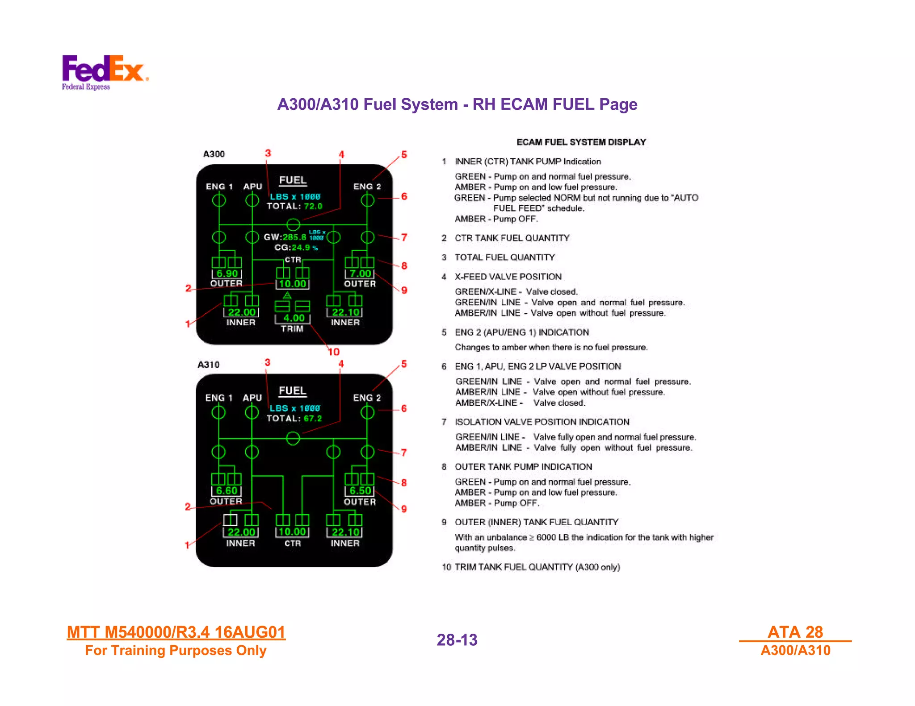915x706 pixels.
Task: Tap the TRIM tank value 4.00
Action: pos(294,318)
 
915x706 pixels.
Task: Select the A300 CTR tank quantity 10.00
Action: pos(293,284)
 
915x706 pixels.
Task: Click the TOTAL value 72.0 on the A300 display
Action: pos(313,206)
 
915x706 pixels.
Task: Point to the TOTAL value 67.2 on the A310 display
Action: pos(313,418)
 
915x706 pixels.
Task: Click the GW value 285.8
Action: pos(294,237)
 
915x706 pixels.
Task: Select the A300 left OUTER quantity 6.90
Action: pos(227,274)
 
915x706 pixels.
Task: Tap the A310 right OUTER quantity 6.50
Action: pos(360,490)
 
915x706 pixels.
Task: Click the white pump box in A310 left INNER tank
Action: pos(230,520)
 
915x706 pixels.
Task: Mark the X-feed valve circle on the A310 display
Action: pos(293,438)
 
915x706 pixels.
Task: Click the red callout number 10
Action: pos(333,352)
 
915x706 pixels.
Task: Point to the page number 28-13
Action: pos(457,640)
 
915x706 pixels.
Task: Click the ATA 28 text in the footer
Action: pos(795,632)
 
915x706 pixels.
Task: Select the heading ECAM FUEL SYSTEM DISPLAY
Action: pos(581,142)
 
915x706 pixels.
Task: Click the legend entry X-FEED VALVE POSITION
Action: pos(508,277)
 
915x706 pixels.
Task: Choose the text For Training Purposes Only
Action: pos(176,650)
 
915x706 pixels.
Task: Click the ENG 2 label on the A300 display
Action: pos(367,187)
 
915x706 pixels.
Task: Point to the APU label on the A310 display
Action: pos(252,397)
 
